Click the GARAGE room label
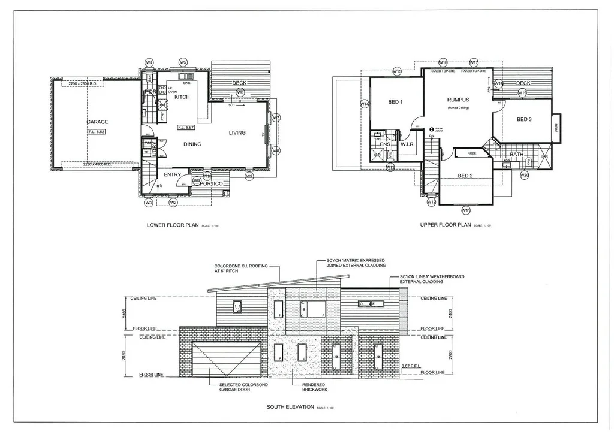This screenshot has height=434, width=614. coord(97,122)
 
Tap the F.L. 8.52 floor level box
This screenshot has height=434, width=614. coord(97,132)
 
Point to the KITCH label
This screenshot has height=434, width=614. coord(182,97)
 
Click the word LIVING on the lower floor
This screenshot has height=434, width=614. coord(237,132)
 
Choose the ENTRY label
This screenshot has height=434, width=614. coord(173,174)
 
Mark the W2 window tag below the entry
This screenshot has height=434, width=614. coord(173,203)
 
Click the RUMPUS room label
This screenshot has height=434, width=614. coord(458,100)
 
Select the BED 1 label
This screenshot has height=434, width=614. coord(395,102)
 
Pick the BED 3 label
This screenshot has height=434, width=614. coord(524,119)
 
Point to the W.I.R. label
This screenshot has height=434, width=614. coord(408,144)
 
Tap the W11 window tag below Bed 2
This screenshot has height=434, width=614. coord(465,210)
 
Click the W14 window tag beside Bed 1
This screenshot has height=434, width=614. coord(364,104)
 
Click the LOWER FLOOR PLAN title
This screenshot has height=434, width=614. coord(173,225)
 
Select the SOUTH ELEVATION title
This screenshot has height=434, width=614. coord(290,407)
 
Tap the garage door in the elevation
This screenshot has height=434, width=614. coord(227,358)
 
